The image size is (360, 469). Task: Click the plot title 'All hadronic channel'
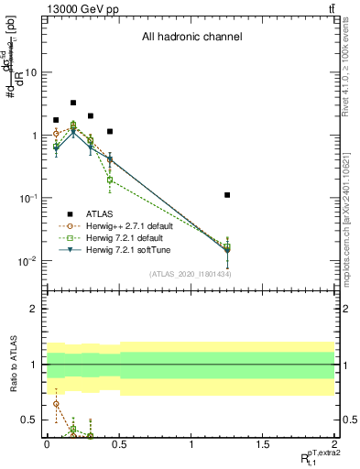191,38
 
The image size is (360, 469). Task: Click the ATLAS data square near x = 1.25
226,195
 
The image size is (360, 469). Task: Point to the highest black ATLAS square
73,103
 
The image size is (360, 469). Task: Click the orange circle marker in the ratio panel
57,404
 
